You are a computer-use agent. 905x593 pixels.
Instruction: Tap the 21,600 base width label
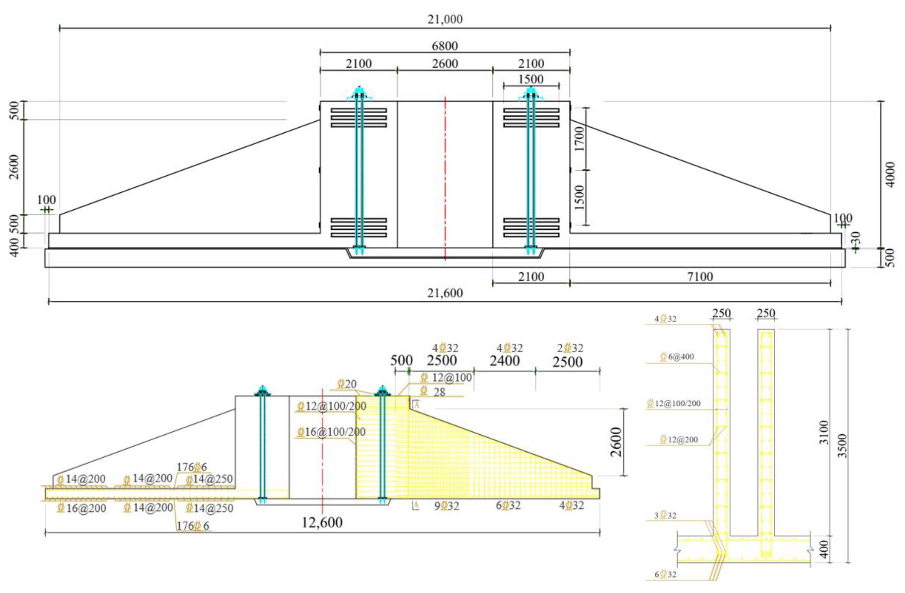(x=445, y=293)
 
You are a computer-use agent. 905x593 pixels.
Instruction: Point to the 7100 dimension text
(x=700, y=277)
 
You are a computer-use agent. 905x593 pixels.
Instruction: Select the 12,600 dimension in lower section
(x=322, y=522)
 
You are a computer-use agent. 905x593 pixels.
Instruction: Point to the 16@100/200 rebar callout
(x=331, y=432)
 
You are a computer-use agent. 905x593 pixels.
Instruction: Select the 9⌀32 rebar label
(x=447, y=506)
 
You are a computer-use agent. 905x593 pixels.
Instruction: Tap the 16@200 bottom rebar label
(x=82, y=508)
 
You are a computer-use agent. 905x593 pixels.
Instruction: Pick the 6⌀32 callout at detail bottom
(x=665, y=574)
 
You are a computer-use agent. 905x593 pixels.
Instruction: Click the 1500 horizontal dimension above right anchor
(x=531, y=79)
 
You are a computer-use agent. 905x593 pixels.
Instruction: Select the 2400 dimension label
(x=505, y=361)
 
